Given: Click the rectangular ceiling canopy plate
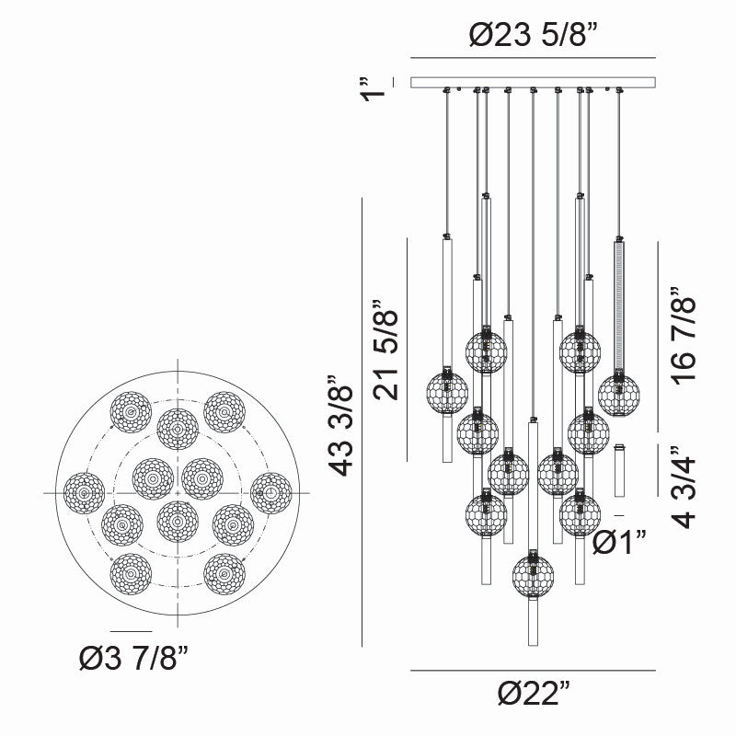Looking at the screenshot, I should point(534,83).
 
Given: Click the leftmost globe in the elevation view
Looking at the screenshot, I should point(447,392).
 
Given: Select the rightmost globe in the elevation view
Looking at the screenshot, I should point(618,395).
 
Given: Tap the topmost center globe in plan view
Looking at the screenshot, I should point(178,430).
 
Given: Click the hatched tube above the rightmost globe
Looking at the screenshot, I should point(620,304).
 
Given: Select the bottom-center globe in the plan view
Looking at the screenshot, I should point(178,521).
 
